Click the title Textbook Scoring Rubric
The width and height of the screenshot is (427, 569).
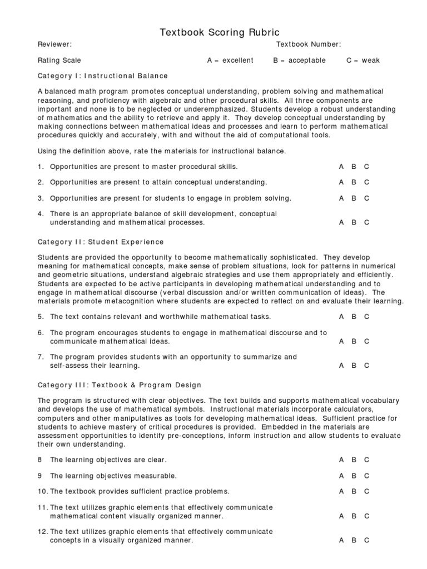point(220,33)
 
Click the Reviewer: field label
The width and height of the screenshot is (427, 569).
point(54,44)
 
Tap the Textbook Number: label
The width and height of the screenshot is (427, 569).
point(309,44)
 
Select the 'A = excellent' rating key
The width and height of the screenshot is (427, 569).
point(230,60)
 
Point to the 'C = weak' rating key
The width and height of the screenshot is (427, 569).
point(363,60)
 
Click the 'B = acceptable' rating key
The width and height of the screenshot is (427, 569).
point(299,60)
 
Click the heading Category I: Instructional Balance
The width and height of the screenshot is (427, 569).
point(102,76)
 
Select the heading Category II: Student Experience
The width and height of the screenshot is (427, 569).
point(101,242)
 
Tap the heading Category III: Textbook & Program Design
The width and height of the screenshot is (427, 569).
point(120,385)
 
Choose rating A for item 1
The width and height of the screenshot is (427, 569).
point(341,166)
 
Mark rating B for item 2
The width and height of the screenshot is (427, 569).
point(354,182)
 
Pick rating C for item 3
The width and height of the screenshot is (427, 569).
point(366,198)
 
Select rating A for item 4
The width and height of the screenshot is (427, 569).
point(341,222)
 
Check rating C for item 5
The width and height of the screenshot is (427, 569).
point(366,317)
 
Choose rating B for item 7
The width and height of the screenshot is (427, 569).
point(354,366)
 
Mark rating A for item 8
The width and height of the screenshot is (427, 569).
point(341,460)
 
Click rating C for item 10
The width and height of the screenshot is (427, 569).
point(366,491)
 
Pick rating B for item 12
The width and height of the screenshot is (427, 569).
point(354,540)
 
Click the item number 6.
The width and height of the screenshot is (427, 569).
point(41,333)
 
